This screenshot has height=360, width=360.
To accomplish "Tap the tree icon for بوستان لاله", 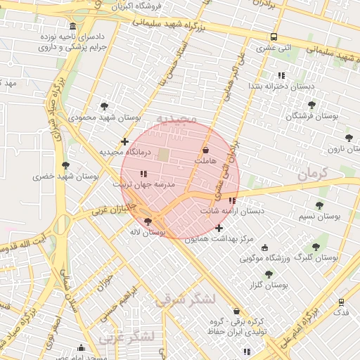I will [147, 221].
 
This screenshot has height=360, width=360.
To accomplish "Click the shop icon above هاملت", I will [205, 150].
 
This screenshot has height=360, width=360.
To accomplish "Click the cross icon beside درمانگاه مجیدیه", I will [124, 142].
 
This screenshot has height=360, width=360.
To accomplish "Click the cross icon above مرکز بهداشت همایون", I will [219, 228].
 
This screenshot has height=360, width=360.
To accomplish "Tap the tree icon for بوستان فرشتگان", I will [312, 105].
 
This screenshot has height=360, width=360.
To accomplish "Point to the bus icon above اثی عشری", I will [274, 37].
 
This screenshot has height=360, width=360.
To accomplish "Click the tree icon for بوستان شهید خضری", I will [65, 165].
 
